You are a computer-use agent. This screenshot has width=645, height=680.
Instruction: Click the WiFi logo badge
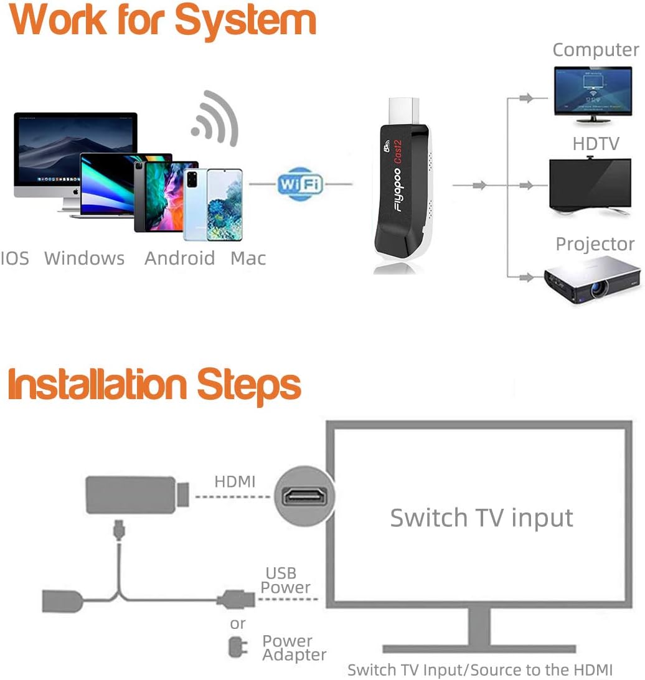[300, 183]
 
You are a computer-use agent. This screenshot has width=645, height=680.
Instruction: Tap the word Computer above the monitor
[595, 50]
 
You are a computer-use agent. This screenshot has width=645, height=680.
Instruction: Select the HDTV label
[596, 144]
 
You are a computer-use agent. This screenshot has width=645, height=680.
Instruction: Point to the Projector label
[595, 244]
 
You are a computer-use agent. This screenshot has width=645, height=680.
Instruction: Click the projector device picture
[592, 279]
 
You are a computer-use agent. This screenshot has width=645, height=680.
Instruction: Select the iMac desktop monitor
[75, 156]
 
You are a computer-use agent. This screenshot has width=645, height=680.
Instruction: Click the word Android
[179, 258]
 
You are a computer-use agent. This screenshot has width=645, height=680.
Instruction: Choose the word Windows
[84, 258]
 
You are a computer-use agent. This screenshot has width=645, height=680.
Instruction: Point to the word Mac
[248, 258]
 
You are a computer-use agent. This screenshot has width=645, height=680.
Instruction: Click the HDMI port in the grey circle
[304, 496]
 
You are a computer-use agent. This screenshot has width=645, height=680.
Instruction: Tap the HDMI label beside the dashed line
[235, 481]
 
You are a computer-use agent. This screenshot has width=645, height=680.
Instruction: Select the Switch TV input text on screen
[481, 518]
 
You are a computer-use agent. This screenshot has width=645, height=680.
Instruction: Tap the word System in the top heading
[245, 21]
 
